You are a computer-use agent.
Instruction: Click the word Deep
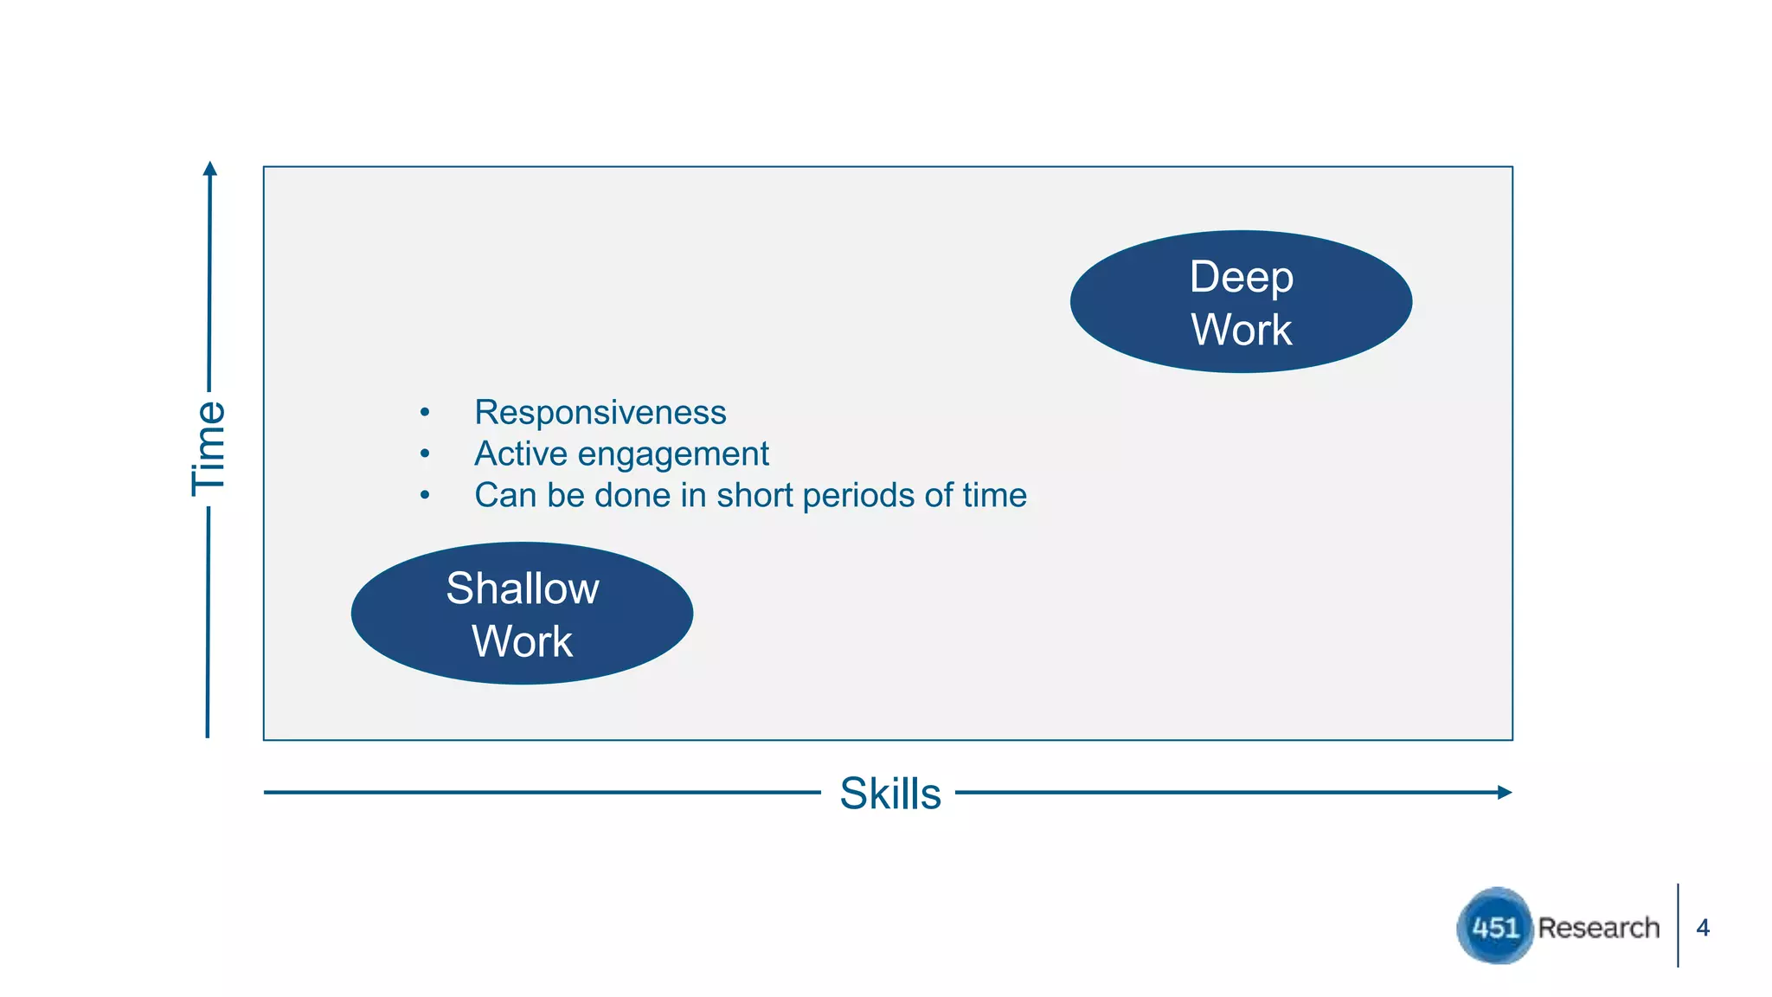[1241, 278]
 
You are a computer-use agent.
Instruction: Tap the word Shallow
[522, 589]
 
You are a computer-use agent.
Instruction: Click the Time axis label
[209, 448]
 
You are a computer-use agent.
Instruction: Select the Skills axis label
[889, 793]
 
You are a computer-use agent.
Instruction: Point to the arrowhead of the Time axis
[209, 168]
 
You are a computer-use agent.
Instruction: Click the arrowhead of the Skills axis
[1505, 792]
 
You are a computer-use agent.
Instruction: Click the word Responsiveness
[600, 412]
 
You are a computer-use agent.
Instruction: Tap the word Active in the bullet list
[520, 453]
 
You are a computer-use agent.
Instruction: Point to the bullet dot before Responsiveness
[425, 412]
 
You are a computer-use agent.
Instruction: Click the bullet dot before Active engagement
[425, 453]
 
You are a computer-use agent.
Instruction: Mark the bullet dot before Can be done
[425, 495]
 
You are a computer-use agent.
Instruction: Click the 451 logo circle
[1494, 926]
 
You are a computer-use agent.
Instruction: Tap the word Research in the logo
[1598, 928]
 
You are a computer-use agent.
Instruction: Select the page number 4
[1703, 928]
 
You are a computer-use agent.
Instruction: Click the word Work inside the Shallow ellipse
[522, 641]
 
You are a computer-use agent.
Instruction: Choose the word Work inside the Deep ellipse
[1241, 330]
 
